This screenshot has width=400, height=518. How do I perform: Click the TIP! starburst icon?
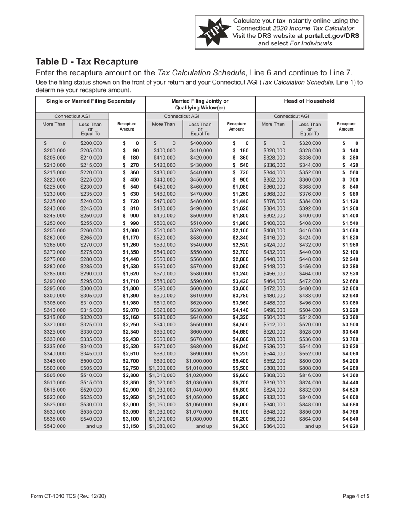click(x=213, y=32)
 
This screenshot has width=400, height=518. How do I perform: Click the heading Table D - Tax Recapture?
click(x=87, y=61)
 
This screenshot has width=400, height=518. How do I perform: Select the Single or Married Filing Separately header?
click(x=91, y=101)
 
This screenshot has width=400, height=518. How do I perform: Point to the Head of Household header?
click(x=309, y=101)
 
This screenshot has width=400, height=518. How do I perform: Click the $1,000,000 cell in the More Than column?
click(x=163, y=381)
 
